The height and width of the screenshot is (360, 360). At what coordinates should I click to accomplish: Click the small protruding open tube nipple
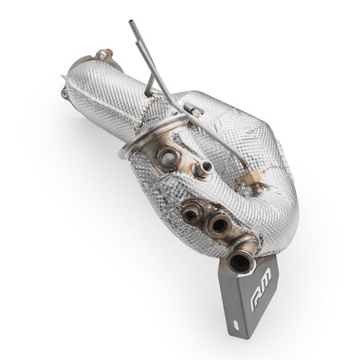pyautogui.click(x=206, y=168)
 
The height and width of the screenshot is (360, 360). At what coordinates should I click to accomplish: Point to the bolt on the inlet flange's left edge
pyautogui.click(x=64, y=93)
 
